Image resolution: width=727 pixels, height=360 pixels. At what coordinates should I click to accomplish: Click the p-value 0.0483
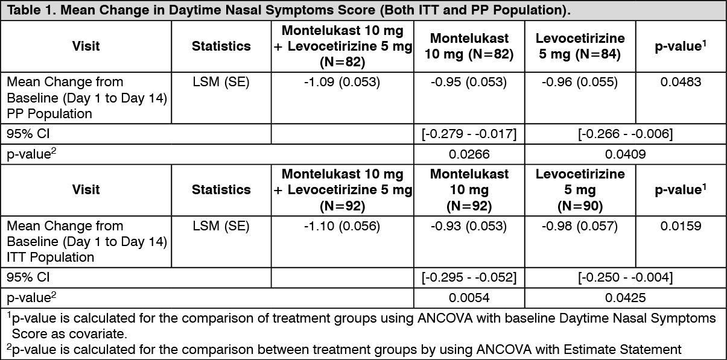(681, 82)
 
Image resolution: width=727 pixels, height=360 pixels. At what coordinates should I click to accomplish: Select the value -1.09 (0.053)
(342, 82)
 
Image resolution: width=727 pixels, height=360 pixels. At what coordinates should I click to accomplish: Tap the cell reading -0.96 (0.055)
(580, 82)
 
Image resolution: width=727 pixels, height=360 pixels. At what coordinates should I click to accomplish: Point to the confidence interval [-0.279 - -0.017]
(469, 134)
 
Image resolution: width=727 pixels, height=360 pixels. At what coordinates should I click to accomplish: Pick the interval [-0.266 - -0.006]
(626, 134)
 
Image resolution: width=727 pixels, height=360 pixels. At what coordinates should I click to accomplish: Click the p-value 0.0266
(469, 154)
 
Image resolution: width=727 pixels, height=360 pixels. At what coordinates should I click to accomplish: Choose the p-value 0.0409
(626, 154)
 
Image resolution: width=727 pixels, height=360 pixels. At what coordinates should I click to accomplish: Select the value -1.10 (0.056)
(342, 226)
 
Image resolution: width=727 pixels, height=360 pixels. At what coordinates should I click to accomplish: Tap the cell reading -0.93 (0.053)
(469, 226)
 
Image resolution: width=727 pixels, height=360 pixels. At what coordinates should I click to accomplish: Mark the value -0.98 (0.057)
(580, 226)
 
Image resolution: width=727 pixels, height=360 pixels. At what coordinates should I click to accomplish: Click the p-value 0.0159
(681, 226)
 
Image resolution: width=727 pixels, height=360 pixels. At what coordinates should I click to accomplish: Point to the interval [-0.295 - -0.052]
(469, 277)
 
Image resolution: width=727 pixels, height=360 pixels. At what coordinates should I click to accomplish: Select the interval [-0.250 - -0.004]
(626, 277)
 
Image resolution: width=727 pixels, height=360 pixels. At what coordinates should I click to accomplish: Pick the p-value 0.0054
(469, 298)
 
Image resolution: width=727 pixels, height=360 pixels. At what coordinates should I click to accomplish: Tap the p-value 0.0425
(626, 298)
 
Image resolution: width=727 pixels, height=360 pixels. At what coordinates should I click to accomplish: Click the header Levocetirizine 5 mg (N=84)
(580, 46)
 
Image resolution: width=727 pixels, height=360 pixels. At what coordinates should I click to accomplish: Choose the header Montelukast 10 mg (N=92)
(469, 190)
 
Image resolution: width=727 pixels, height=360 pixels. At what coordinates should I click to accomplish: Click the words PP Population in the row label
(49, 114)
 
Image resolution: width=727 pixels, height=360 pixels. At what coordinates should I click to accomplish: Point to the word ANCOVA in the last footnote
(504, 350)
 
